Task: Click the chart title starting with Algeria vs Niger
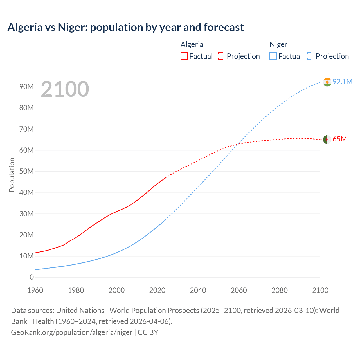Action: click(125, 27)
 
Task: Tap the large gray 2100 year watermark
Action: click(65, 89)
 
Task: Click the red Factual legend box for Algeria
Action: click(184, 56)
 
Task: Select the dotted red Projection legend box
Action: click(222, 56)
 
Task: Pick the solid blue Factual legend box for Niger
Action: click(273, 56)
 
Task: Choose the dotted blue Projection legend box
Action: click(310, 56)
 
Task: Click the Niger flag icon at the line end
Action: click(327, 82)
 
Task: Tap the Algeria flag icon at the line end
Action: click(327, 139)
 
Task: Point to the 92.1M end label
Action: click(342, 82)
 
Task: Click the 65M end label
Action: click(339, 139)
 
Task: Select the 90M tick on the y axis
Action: click(26, 87)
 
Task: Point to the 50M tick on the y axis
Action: click(26, 171)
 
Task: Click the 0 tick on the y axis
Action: click(31, 277)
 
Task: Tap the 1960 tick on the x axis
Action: click(35, 290)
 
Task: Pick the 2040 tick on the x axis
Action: click(198, 290)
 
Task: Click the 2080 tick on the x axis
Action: click(280, 290)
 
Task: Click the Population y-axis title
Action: click(12, 175)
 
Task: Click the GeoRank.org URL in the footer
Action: click(72, 332)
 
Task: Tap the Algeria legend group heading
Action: click(192, 44)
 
